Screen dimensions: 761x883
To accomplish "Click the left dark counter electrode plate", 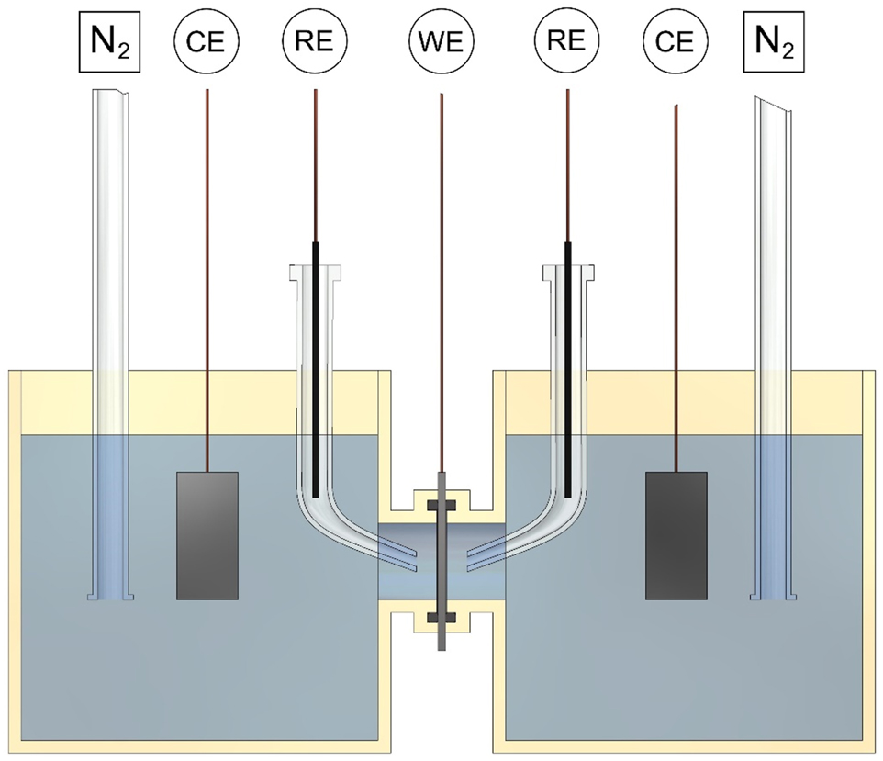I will tap(207, 535).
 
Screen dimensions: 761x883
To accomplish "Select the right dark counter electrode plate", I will tap(676, 535).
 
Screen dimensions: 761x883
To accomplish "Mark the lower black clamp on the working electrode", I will tap(441, 615).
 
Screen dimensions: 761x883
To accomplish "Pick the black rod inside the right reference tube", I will tap(568, 367).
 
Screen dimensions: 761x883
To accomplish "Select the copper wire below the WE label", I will tap(441, 275).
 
